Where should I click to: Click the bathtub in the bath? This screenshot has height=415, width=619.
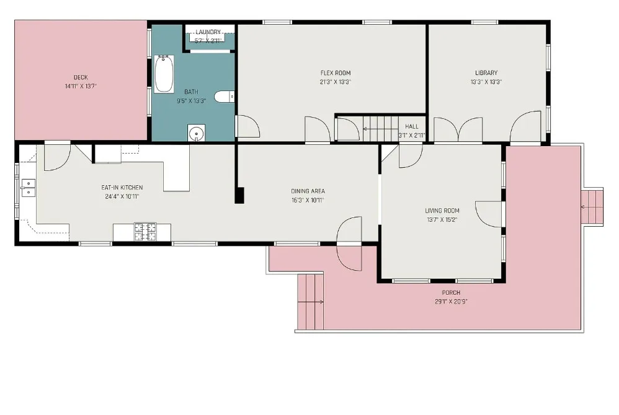164,74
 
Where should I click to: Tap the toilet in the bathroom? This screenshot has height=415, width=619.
225,97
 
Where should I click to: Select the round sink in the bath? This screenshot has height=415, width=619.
196,133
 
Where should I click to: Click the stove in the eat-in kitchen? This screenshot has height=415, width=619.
145,232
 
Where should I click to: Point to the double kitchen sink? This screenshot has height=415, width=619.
28,188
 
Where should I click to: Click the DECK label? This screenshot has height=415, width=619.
81,77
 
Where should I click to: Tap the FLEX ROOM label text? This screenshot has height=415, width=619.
336,73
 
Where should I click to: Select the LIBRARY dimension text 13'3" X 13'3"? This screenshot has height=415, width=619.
486,82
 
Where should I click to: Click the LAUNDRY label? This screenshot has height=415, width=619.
208,32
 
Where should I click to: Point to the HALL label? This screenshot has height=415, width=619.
412,126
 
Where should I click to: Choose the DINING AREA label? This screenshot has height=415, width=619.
308,191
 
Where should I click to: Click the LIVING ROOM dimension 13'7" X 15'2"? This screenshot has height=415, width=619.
442,220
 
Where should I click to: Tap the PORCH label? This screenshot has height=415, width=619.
451,292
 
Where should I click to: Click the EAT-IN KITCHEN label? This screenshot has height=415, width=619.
122,188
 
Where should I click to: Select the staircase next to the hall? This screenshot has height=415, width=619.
381,129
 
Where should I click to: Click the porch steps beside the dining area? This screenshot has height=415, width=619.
311,302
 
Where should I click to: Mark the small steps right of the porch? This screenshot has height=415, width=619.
592,207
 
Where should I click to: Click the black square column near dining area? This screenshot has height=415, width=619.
239,196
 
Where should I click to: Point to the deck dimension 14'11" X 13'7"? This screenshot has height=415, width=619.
81,86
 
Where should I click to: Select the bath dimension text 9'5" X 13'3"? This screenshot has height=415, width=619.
192,101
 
